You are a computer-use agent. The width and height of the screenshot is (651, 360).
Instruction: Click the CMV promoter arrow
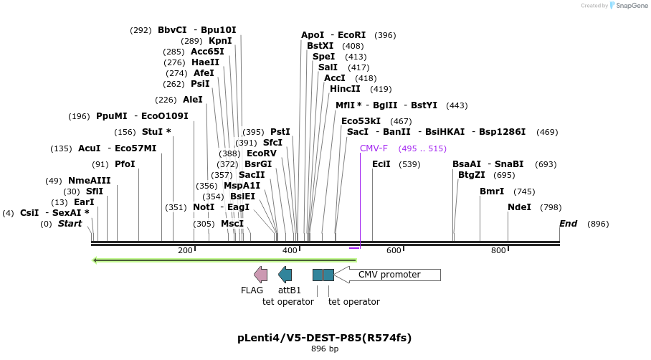click(388, 275)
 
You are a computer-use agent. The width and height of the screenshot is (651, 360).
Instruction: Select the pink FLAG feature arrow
click(260, 274)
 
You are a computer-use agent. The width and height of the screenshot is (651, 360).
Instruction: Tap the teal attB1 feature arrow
click(285, 274)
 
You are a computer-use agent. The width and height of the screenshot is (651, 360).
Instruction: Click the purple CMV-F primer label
click(374, 148)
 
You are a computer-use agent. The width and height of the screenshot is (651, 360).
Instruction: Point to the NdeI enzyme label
click(519, 207)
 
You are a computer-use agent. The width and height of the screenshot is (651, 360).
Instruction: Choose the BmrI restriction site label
click(492, 191)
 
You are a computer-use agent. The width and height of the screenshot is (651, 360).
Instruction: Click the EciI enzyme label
click(381, 164)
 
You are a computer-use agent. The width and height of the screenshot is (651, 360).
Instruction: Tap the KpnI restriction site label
click(220, 41)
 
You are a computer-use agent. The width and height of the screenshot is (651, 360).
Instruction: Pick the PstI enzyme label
click(280, 132)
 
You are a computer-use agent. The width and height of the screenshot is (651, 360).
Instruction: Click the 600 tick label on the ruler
click(394, 250)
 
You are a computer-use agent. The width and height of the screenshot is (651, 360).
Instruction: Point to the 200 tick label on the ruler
click(185, 250)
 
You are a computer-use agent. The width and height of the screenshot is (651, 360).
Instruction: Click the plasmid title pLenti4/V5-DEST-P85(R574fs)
click(324, 338)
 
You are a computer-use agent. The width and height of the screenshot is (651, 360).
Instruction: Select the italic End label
click(568, 224)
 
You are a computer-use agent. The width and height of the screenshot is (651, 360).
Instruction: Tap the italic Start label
click(70, 224)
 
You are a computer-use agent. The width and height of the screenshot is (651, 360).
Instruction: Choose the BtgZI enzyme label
click(472, 175)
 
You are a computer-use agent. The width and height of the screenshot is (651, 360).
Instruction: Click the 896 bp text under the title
click(324, 349)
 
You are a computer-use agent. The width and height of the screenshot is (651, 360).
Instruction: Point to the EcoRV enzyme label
click(261, 153)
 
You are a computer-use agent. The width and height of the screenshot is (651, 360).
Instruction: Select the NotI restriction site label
click(204, 207)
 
